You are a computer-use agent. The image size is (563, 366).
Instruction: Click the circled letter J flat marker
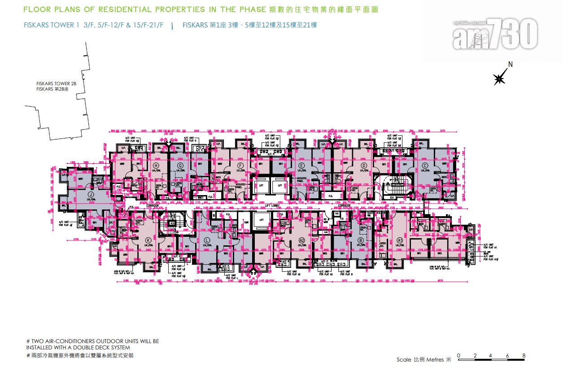tap(91, 194)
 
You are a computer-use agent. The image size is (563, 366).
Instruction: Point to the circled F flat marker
tap(241, 165)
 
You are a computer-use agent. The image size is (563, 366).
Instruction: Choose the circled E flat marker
tap(302, 165)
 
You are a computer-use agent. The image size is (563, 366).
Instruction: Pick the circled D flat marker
tap(363, 165)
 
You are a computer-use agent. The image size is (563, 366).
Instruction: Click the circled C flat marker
tap(424, 165)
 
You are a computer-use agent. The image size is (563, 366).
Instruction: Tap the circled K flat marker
tap(148, 240)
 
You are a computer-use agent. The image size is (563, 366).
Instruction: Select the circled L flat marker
tap(207, 240)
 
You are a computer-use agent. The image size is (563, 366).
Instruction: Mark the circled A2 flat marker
tap(301, 240)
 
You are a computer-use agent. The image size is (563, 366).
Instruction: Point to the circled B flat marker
tap(360, 240)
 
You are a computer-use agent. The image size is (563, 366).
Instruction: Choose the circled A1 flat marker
tap(399, 240)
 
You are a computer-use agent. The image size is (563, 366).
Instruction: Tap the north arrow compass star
tap(499, 79)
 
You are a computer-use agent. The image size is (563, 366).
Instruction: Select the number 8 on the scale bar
tap(524, 356)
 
